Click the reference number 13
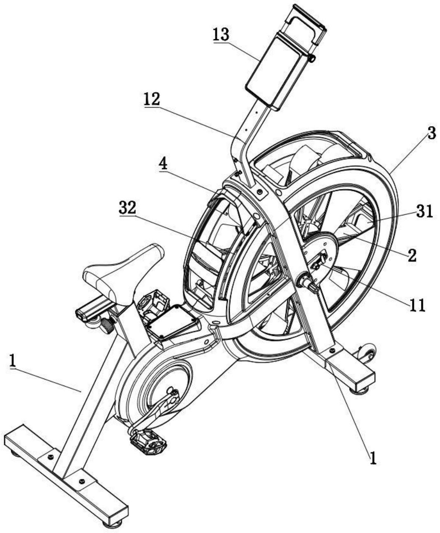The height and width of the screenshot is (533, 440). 221,35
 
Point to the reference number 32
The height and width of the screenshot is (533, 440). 127,208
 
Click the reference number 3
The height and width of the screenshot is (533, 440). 431,134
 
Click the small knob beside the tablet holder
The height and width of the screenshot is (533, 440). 311,58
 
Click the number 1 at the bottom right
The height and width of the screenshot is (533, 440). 373,457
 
